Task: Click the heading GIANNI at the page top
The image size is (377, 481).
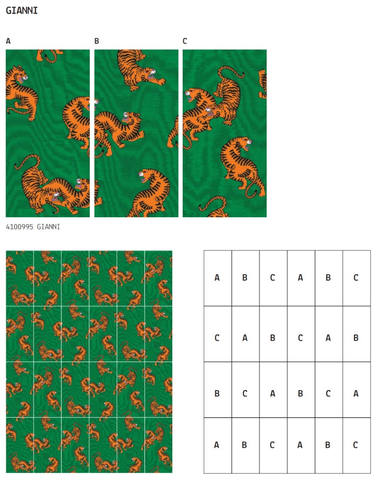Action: pyautogui.click(x=22, y=10)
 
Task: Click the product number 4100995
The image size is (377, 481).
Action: pyautogui.click(x=20, y=227)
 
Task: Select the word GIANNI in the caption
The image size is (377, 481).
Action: pyautogui.click(x=48, y=227)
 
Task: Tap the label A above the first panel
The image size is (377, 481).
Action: pyautogui.click(x=8, y=41)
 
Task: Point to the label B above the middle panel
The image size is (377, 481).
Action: pyautogui.click(x=97, y=41)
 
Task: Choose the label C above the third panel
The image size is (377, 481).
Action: pyautogui.click(x=185, y=41)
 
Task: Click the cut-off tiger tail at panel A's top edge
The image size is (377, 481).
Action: pyautogui.click(x=49, y=55)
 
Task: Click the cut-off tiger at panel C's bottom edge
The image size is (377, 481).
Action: pyautogui.click(x=214, y=207)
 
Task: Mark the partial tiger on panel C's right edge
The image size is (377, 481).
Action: pyautogui.click(x=262, y=84)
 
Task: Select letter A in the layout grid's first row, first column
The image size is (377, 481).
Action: pyautogui.click(x=217, y=277)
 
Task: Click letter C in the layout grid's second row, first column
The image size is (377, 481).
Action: pyautogui.click(x=217, y=338)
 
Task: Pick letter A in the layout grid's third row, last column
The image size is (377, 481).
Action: pyautogui.click(x=356, y=394)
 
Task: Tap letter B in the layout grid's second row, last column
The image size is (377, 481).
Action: pyautogui.click(x=356, y=338)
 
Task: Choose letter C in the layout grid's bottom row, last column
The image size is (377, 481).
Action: pyautogui.click(x=355, y=445)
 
